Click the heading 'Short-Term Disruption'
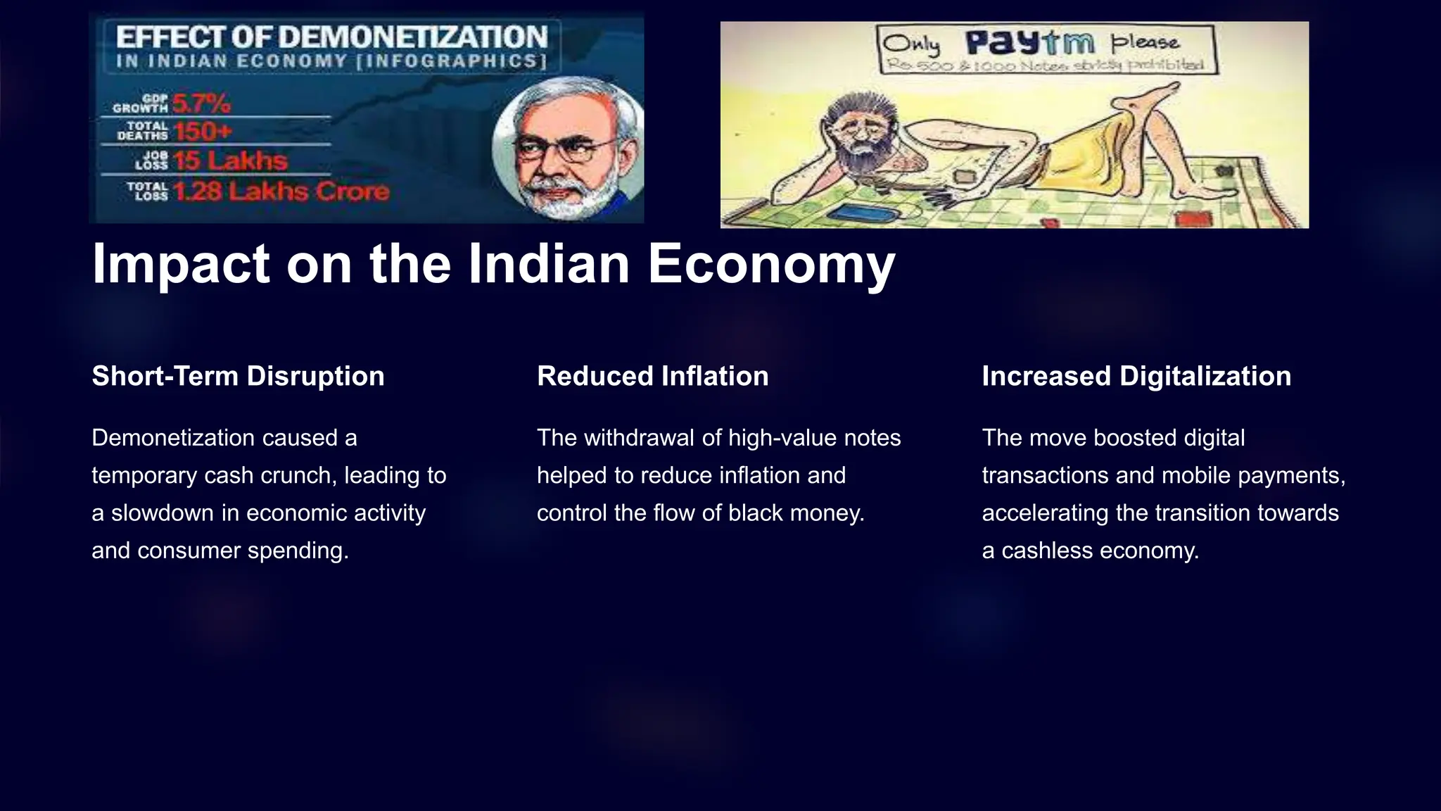click(238, 376)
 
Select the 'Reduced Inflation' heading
click(652, 376)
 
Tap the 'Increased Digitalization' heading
click(1136, 376)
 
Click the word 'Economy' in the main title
click(771, 264)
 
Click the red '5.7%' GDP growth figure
click(201, 103)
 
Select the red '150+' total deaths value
click(203, 132)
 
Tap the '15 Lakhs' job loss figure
click(231, 161)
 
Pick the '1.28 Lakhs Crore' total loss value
click(281, 191)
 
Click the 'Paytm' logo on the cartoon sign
click(1029, 43)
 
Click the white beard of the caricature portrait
click(563, 194)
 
